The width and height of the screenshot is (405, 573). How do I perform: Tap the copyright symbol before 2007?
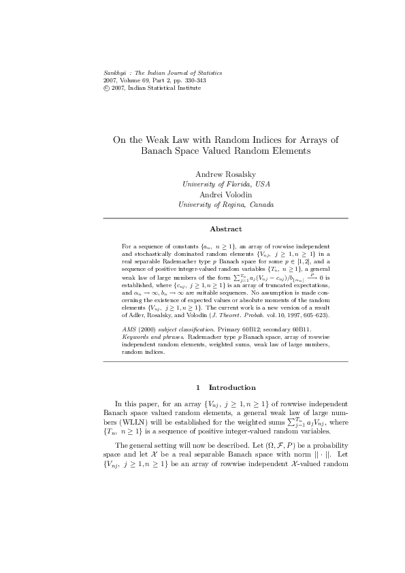coord(84,88)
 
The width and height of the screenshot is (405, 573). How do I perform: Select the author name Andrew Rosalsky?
coord(225,175)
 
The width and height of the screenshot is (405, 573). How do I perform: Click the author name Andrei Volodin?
coord(225,194)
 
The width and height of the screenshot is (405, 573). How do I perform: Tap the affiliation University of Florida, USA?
coord(225,184)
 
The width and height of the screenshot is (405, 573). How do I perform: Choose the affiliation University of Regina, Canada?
coord(225,203)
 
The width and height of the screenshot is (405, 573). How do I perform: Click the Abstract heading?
coord(225,229)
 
